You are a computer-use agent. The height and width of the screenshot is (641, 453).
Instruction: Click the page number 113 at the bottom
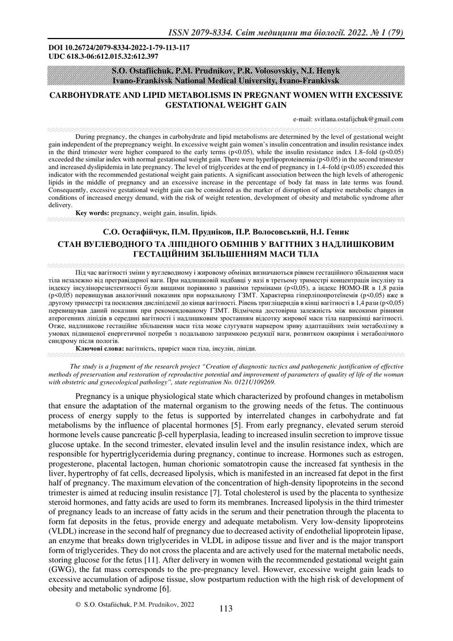225,609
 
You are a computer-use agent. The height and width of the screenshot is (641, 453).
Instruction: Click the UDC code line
96,57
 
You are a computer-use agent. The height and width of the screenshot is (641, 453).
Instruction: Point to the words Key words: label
92,213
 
